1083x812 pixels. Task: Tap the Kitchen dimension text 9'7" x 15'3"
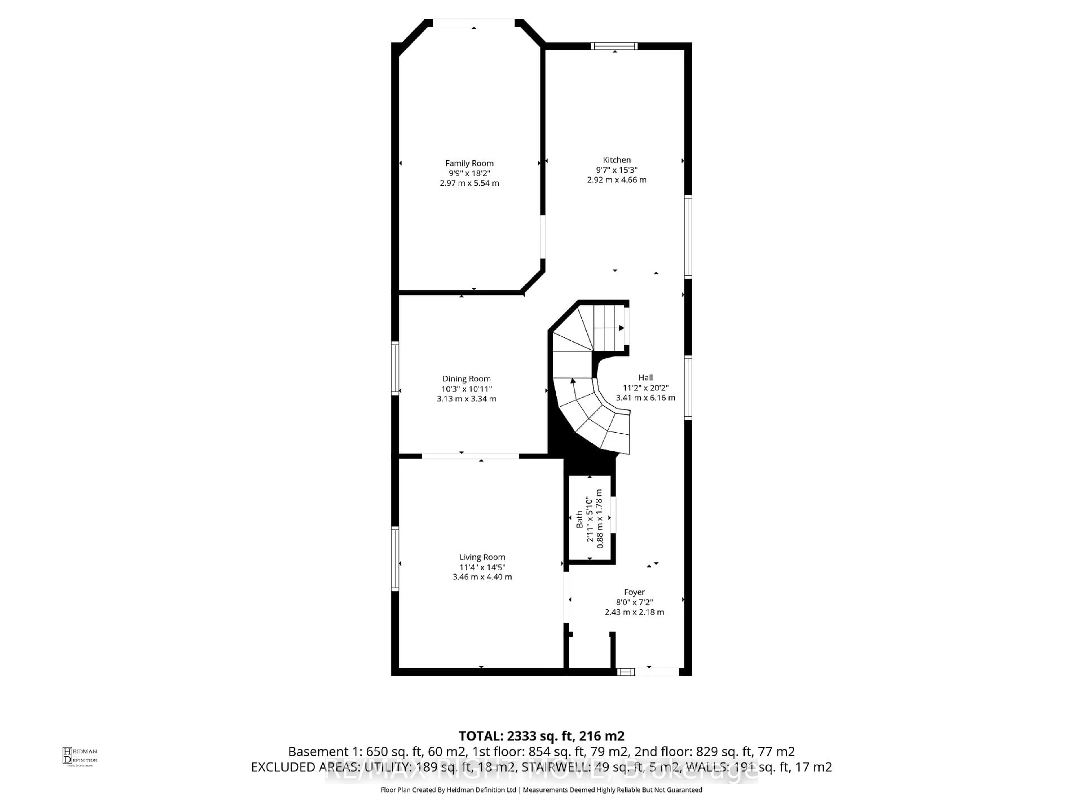click(x=617, y=170)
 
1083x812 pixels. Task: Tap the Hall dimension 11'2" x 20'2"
click(x=645, y=388)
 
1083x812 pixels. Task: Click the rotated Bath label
click(x=580, y=519)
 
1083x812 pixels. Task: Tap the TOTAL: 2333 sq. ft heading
click(x=541, y=736)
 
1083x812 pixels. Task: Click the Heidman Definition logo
click(x=80, y=756)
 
